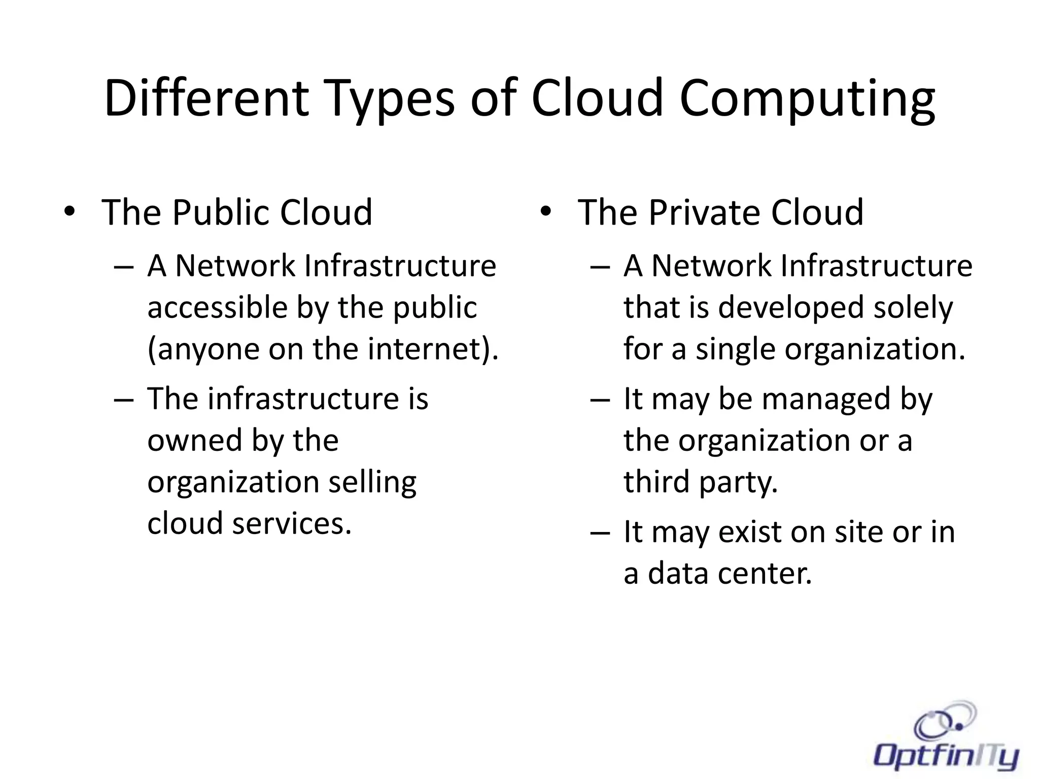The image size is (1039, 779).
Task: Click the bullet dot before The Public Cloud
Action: coord(70,212)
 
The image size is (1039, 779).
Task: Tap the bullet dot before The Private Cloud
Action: coord(545,212)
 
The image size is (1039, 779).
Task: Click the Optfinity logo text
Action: coord(947,757)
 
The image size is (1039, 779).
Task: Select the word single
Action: coord(736,350)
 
